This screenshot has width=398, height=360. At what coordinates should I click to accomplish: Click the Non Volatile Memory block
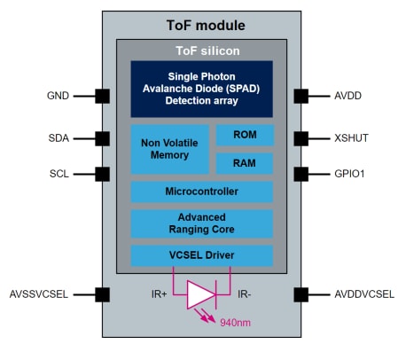tap(169, 149)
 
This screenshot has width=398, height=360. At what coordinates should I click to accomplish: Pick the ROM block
tap(245, 135)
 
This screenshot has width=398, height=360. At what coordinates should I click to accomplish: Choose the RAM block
tap(245, 163)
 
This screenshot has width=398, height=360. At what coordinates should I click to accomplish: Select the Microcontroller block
tap(201, 192)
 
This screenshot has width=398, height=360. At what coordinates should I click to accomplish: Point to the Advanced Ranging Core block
tap(201, 223)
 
